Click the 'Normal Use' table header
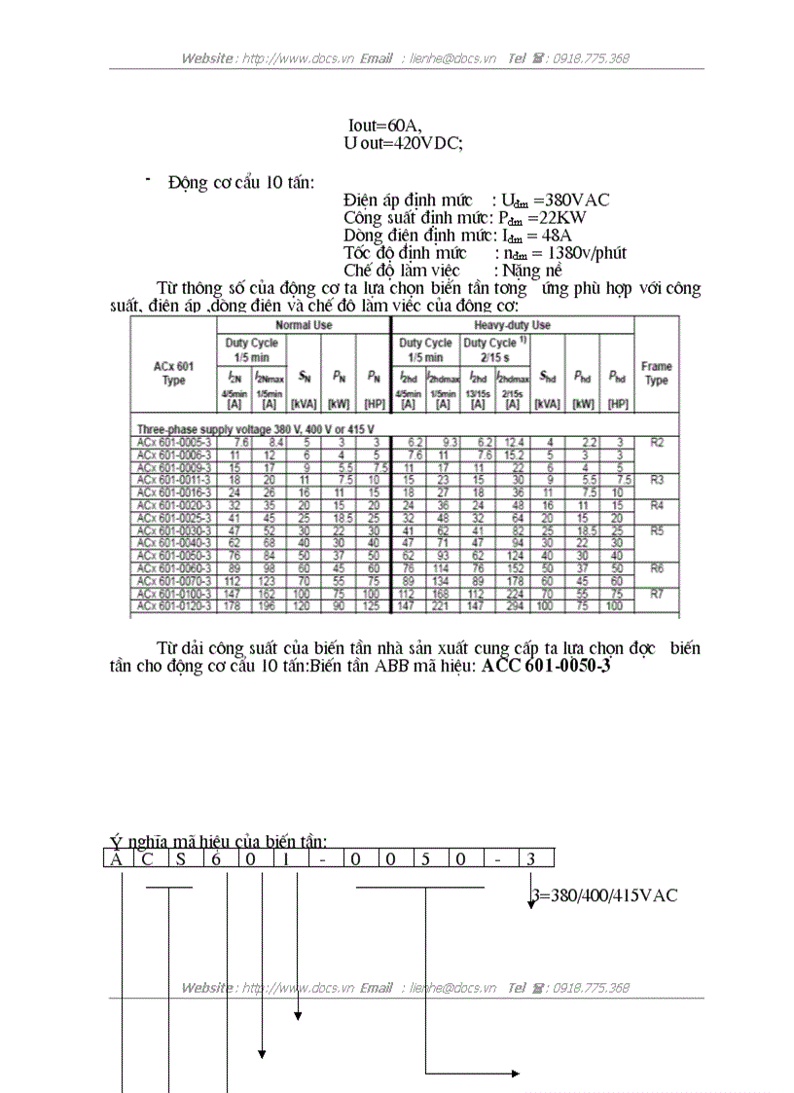coord(304,325)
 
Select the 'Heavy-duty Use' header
coord(512,325)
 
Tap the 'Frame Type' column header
coord(657,373)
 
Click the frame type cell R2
coord(657,442)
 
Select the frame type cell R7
coord(657,593)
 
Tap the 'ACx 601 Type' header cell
coord(173,373)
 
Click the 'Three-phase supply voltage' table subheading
coord(255,428)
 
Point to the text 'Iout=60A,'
coord(384,126)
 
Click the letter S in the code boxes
coord(181,858)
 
